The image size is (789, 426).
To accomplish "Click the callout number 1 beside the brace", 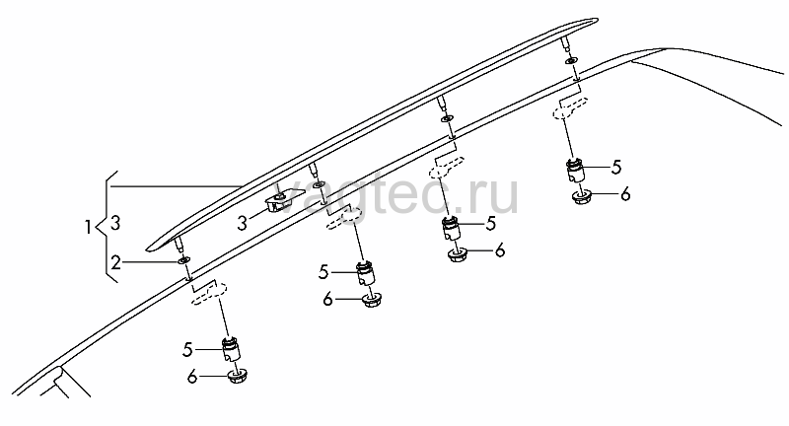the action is point(88,228).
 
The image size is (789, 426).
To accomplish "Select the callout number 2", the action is point(116,262).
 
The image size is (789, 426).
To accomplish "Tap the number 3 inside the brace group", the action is point(115,223).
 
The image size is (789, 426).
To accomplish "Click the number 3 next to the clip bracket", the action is point(243,223).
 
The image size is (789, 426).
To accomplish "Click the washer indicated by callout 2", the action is point(183,260).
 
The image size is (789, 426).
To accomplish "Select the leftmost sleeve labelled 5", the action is point(231,349).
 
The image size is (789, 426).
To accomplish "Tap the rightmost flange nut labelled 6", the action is point(582,196).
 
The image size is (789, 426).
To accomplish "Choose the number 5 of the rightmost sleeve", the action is point(616,168).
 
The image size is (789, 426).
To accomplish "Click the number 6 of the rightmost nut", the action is point(625,193).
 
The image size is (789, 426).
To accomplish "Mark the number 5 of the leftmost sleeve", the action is point(187,349).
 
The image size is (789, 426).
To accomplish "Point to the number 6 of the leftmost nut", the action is point(192,377).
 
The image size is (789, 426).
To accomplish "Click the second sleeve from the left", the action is point(365,274).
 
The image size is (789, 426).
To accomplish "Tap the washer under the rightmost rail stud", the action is point(570,61).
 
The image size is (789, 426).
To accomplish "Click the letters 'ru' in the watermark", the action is point(496,196).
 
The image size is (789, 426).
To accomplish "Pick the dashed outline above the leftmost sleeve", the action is point(208,294).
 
